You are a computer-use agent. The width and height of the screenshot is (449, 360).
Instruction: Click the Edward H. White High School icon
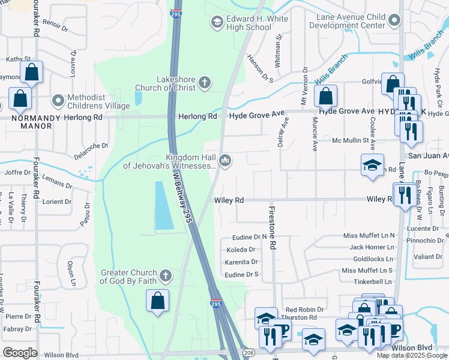(x=216, y=22)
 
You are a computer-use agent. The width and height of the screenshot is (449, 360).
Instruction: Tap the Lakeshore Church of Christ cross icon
(x=204, y=83)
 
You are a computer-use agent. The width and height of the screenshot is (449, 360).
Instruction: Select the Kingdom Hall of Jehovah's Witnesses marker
(x=226, y=160)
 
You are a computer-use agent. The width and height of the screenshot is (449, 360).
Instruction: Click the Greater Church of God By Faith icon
(x=166, y=276)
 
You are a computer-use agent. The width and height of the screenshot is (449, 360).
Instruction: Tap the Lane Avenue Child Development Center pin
(x=394, y=21)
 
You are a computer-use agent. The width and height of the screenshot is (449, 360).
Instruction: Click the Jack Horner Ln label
(x=372, y=247)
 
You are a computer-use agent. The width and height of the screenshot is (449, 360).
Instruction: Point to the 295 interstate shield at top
(x=175, y=13)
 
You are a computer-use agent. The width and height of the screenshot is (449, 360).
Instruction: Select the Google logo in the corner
(x=20, y=353)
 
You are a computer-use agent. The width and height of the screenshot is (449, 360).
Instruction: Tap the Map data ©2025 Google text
(x=411, y=355)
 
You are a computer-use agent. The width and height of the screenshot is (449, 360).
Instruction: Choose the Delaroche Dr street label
(x=91, y=145)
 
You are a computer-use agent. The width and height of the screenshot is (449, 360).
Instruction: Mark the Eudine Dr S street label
(x=241, y=274)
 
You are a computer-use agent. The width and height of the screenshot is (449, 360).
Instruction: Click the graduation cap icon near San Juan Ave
(x=372, y=164)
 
